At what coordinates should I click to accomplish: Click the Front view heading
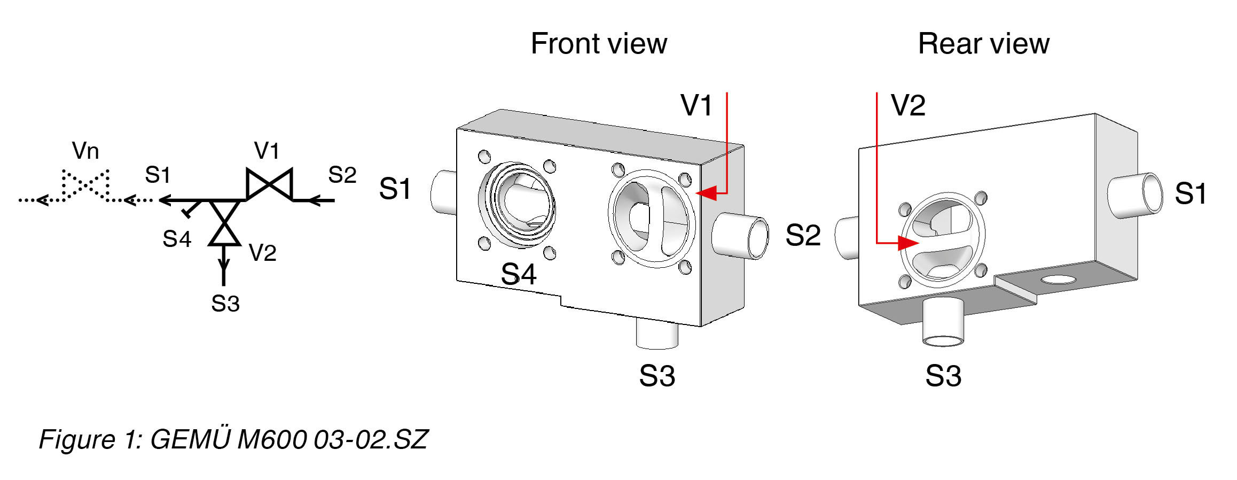tap(598, 44)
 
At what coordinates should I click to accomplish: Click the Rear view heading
tap(983, 44)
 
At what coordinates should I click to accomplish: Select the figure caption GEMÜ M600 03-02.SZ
tap(233, 439)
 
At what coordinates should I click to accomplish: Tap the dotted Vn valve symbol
tap(85, 184)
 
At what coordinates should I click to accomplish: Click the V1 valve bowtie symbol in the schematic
tap(269, 184)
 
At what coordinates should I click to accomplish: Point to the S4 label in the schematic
tap(177, 239)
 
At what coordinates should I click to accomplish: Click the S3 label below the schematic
tap(225, 304)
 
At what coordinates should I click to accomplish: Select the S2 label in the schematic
tap(342, 175)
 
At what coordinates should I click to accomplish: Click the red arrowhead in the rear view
tap(907, 243)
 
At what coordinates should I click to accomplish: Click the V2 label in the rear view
tap(908, 105)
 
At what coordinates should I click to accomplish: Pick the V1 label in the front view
tap(696, 105)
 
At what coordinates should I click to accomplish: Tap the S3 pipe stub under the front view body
tap(657, 334)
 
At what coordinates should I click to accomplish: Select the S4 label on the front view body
tap(518, 274)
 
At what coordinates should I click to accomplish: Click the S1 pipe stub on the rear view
tap(1135, 195)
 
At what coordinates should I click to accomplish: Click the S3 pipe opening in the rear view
tap(943, 340)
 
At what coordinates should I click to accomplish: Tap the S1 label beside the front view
tap(395, 189)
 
